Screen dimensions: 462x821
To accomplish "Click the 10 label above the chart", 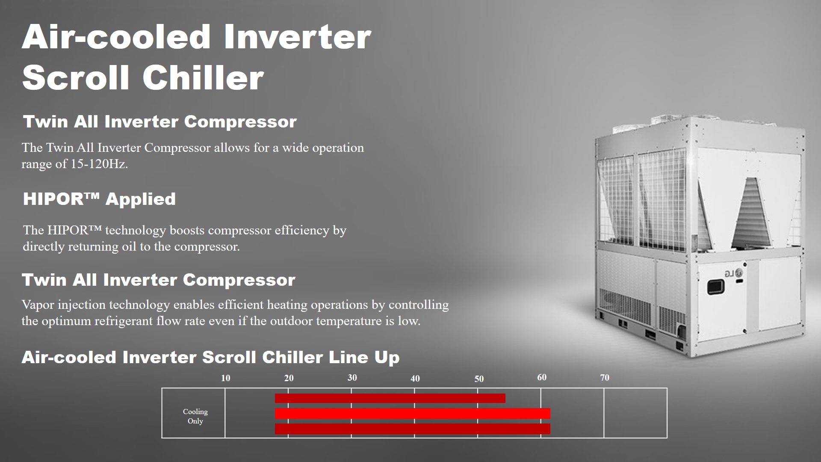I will (x=225, y=378).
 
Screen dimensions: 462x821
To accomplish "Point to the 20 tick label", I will (x=289, y=378).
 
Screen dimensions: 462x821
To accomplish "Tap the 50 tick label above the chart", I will (x=479, y=379).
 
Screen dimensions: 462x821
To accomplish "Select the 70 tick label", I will (x=605, y=378).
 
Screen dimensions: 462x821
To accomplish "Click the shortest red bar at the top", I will (x=390, y=398).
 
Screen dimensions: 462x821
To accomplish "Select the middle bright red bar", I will (x=412, y=413).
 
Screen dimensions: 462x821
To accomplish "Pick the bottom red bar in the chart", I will (x=412, y=429).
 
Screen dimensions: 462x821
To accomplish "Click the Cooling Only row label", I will (x=195, y=416).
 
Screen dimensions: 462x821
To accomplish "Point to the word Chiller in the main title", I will (x=203, y=78).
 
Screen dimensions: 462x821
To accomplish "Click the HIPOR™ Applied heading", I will (x=99, y=199).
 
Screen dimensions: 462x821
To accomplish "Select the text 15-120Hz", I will (x=99, y=164).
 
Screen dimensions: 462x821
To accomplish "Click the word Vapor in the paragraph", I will (x=38, y=305).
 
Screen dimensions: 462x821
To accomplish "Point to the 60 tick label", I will (x=542, y=378).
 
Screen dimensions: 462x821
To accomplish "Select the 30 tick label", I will (x=352, y=378).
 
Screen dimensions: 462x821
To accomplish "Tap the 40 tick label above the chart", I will (x=415, y=379).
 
